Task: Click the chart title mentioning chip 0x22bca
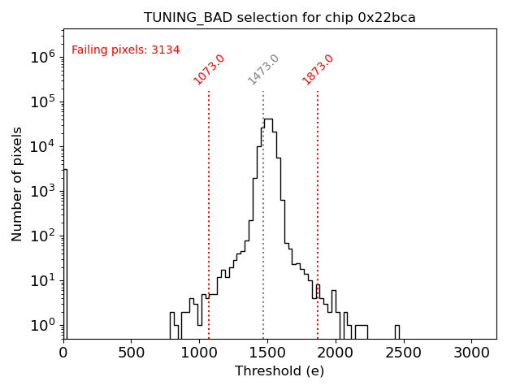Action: coord(279,17)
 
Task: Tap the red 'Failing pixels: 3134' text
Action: coord(126,50)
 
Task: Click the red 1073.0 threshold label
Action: coord(209,69)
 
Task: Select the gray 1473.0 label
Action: coord(263,69)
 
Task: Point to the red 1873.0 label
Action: coord(318,69)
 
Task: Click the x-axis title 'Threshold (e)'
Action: coord(279,371)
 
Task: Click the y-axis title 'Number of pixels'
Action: coord(18,184)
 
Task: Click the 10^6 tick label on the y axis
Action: coord(43,57)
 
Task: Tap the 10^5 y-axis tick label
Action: coord(43,102)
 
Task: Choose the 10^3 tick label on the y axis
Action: coord(43,191)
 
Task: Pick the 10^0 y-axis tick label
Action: coord(43,325)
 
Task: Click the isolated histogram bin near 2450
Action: coord(397,331)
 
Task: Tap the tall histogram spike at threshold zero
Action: coord(65,252)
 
